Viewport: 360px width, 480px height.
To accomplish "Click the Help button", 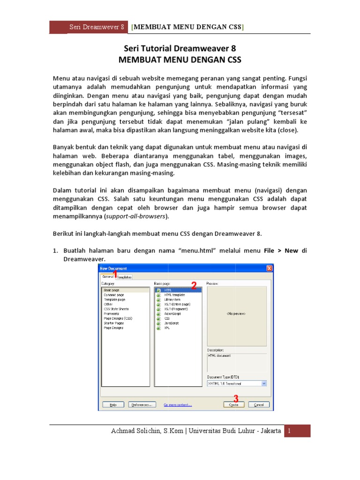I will click(113, 405).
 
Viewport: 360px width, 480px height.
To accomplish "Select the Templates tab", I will click(125, 277).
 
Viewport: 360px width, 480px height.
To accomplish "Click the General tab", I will click(107, 277).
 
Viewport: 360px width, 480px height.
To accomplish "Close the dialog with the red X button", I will click(269, 268).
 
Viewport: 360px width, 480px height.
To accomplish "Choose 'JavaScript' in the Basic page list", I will click(171, 323).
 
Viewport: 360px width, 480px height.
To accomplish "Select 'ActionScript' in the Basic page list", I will click(172, 314).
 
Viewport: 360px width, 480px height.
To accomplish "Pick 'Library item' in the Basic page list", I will click(172, 300).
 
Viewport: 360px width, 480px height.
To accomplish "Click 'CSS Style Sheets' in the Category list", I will click(116, 309).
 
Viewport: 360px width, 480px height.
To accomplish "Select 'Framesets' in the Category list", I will click(112, 314).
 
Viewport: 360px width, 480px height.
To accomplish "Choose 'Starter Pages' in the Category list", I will click(114, 323).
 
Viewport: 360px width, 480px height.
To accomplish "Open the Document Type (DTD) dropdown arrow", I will click(264, 383).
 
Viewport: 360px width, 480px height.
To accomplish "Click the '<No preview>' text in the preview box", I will click(236, 314).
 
